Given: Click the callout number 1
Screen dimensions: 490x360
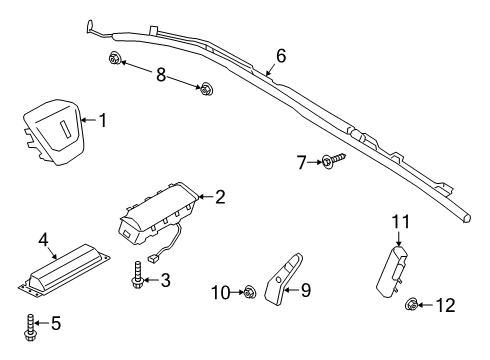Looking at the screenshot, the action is tap(103, 120).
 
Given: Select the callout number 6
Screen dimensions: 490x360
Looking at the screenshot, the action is tap(281, 56).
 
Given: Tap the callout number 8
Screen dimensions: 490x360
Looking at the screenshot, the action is tap(161, 74).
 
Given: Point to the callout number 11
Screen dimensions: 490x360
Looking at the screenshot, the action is tap(400, 222).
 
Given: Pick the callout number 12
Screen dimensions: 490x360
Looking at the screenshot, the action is tap(445, 305).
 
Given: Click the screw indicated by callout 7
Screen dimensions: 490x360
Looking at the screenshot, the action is tap(334, 161).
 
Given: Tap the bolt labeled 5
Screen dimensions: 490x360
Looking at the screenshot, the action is tap(30, 328).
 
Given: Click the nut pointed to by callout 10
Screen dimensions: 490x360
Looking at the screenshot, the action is tap(249, 292).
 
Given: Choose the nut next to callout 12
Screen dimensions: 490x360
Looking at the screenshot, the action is tap(411, 304).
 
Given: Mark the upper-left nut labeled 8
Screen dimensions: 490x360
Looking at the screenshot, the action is tap(114, 59).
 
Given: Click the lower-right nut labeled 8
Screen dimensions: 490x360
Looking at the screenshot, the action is tap(206, 89).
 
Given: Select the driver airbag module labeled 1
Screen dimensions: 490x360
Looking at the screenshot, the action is tap(53, 132).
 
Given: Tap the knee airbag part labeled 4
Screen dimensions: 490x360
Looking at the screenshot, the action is tap(64, 269).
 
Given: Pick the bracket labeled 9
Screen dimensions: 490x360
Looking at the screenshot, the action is tap(283, 278).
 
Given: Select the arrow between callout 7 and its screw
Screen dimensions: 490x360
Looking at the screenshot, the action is tap(315, 162).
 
